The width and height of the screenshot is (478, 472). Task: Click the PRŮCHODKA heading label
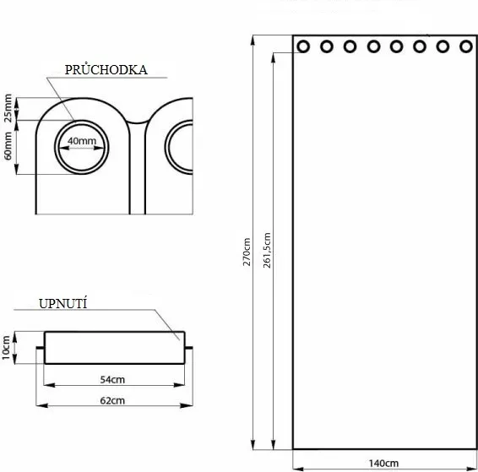(106, 69)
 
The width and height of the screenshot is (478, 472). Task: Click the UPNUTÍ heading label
(62, 303)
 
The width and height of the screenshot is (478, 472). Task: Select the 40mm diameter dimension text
(82, 141)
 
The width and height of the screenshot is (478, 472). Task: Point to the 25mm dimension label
(8, 108)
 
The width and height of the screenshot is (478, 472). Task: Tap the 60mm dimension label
(8, 146)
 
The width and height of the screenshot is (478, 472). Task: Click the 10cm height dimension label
(6, 348)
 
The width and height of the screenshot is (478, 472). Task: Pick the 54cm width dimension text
(112, 380)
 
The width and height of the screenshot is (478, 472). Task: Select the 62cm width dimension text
(112, 400)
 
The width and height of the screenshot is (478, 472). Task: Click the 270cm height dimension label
(247, 252)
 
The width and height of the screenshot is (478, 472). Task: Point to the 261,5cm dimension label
(267, 250)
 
